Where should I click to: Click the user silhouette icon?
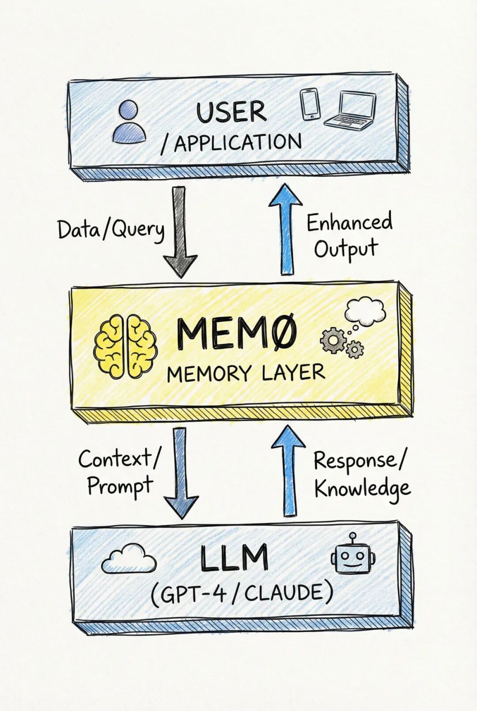[129, 122]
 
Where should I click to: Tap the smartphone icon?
[310, 104]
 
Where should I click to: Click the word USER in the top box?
[231, 112]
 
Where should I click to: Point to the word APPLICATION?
[238, 143]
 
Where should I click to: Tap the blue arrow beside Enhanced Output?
[286, 230]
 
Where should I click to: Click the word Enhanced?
[349, 222]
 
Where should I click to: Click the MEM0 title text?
[236, 335]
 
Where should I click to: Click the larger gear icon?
[333, 341]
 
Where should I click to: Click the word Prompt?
[120, 487]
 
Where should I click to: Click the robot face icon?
[352, 555]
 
